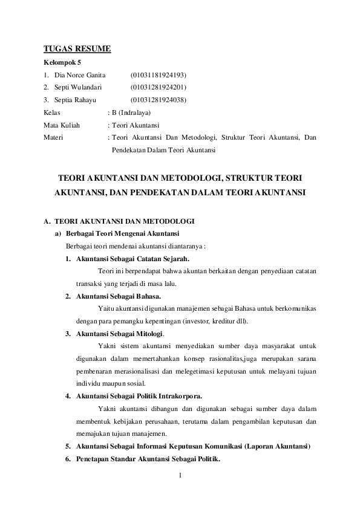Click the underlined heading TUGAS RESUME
tap(77, 49)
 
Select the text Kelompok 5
tap(63, 62)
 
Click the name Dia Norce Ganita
tap(80, 75)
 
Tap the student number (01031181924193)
tap(159, 75)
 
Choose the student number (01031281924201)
tap(159, 88)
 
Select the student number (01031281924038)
tap(159, 100)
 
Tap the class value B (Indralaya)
tap(131, 112)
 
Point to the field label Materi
tap(54, 137)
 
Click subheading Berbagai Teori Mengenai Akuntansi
tap(122, 234)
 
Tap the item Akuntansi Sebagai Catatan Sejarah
tap(128, 259)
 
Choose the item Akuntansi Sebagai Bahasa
tap(119, 296)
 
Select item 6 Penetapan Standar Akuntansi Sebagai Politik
tap(148, 459)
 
